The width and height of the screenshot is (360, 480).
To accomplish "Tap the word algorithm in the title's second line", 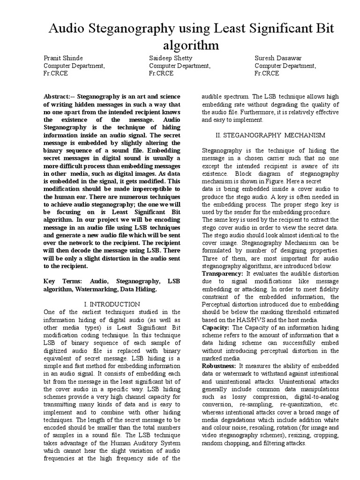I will click(x=191, y=45).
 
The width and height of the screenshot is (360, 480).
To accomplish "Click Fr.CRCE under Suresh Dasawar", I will click(x=267, y=74).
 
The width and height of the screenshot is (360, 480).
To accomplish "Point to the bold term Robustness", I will click(x=219, y=366).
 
